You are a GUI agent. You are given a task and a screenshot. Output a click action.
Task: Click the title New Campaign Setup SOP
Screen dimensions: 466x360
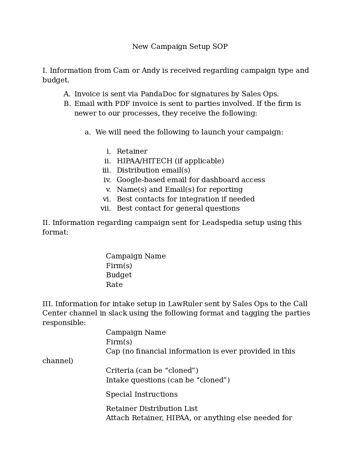(180, 47)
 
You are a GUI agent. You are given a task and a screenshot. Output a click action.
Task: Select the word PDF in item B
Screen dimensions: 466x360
(122, 104)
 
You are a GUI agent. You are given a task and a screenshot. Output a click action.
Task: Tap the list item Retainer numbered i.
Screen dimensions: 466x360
(132, 151)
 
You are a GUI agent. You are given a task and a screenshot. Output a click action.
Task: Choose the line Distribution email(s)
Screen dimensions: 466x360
(153, 170)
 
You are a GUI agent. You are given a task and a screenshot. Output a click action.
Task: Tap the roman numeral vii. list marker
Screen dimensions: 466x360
(105, 208)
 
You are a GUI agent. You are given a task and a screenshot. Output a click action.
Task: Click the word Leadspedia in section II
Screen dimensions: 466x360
(221, 223)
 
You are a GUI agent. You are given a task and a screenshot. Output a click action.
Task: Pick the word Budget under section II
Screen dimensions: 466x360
(119, 275)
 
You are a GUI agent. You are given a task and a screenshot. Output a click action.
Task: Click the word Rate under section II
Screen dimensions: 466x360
(114, 285)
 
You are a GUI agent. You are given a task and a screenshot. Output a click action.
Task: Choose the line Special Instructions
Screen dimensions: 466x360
(142, 394)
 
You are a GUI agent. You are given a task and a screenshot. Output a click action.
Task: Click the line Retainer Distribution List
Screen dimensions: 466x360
(152, 409)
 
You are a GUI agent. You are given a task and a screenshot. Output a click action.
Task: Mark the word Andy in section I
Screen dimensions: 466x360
(151, 70)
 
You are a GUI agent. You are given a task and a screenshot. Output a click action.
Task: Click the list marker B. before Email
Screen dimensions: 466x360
(67, 104)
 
